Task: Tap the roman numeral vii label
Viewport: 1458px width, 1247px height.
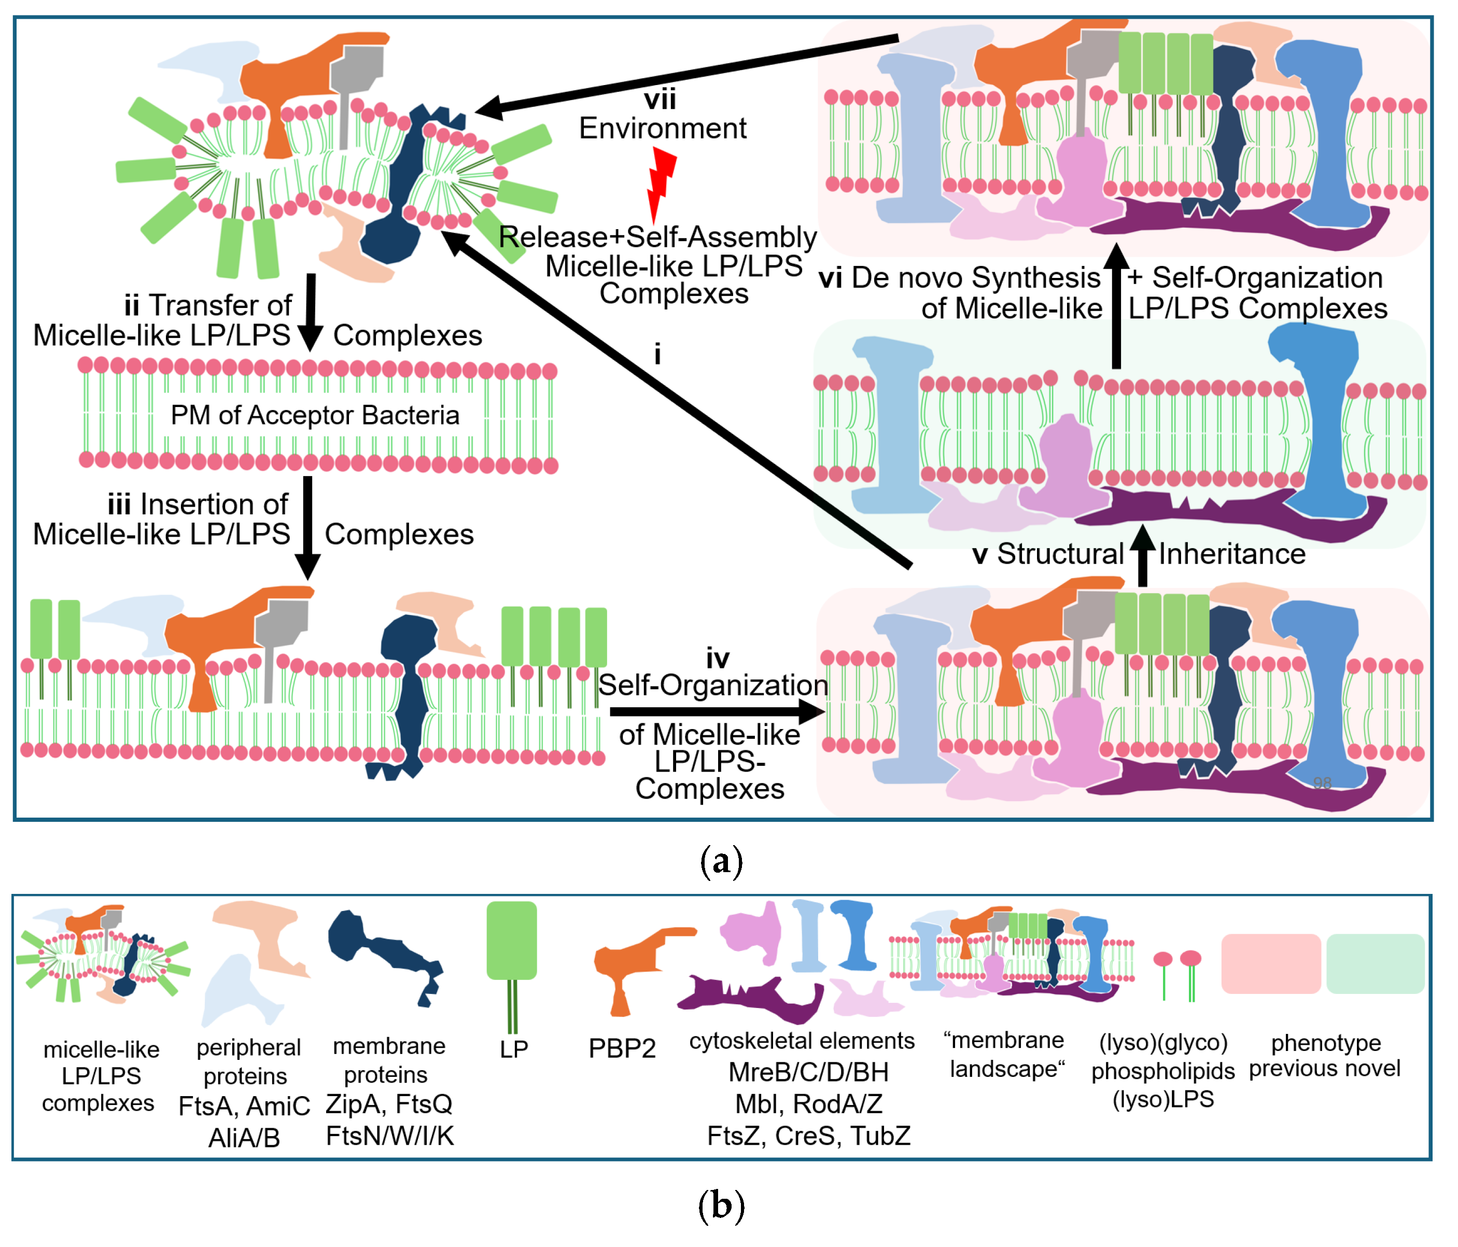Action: (660, 99)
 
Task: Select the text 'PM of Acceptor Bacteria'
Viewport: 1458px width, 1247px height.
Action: (315, 416)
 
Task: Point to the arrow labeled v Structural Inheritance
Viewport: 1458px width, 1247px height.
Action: (1142, 556)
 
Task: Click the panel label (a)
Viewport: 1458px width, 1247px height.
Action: (721, 860)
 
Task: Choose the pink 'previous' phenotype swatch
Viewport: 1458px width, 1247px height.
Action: (1270, 963)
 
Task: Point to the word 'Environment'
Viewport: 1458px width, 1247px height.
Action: (662, 129)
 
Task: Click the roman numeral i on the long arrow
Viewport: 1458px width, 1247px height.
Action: (657, 354)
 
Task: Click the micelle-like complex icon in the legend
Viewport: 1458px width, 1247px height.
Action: (102, 954)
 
